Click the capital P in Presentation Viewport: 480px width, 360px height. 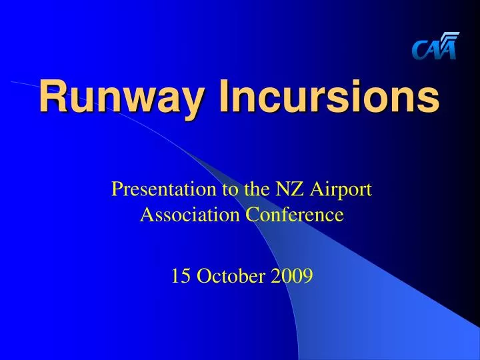(x=117, y=190)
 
